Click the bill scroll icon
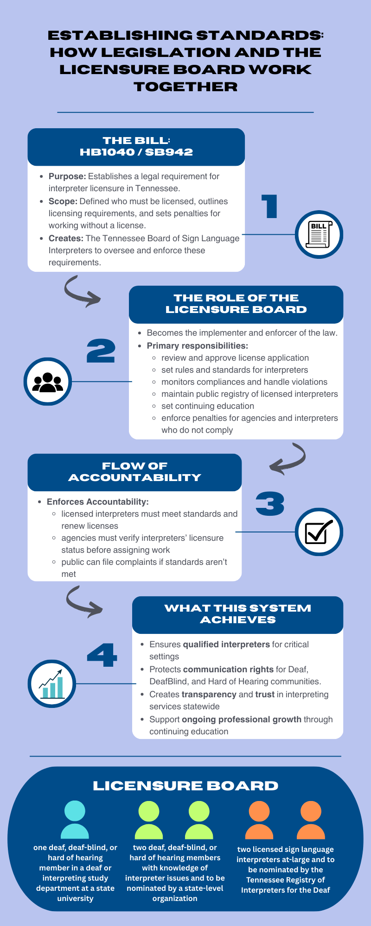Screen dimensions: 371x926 tap(319, 234)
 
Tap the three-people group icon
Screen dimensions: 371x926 tap(48, 382)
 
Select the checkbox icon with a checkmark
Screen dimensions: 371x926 tap(319, 532)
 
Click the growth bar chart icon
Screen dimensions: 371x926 tap(51, 684)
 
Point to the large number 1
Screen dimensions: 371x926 tap(270, 206)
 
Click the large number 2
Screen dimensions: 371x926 tap(101, 351)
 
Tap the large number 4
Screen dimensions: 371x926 tap(102, 655)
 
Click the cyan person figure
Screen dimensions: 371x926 tap(75, 820)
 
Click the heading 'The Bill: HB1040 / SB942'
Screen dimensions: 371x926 tap(136, 146)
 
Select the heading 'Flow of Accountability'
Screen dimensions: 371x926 tap(134, 472)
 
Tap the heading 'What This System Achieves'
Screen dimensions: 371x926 tap(237, 614)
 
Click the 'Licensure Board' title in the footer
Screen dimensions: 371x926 tap(185, 786)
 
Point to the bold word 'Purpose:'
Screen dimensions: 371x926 tap(67, 176)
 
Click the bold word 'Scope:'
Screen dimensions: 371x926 tap(63, 201)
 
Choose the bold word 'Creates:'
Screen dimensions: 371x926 tap(66, 238)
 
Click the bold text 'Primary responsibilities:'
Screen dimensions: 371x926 tap(197, 346)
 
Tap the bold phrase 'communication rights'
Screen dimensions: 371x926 tap(228, 669)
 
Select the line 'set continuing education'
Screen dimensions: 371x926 tap(208, 406)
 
